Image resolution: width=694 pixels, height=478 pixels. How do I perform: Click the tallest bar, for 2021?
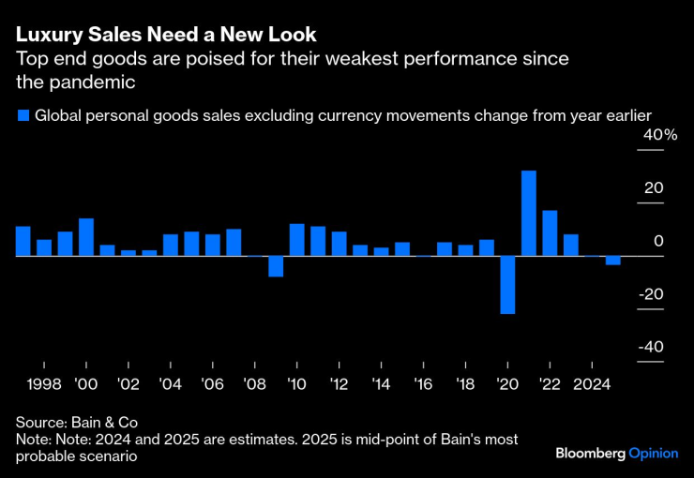pos(529,213)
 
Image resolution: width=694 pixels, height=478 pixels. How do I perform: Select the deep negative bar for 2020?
pos(507,284)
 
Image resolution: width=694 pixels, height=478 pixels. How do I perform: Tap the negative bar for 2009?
pos(276,265)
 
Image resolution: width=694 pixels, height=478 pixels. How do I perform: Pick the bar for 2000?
pos(86,236)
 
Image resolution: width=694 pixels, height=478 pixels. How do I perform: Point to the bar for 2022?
pos(550,232)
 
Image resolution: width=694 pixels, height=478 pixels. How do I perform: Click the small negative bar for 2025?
pos(612,260)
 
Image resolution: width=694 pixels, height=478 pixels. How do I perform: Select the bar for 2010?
pos(296,239)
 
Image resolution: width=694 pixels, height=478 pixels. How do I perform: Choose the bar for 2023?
pos(570,245)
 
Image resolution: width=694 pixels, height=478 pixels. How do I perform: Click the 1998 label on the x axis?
pos(44,384)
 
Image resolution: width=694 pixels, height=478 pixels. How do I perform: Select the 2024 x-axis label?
pos(591,384)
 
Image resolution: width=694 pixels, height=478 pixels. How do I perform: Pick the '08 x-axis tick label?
pos(254,384)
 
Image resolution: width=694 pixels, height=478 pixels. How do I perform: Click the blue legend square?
pos(23,115)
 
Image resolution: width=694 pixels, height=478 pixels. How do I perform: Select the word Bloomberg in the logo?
pos(590,453)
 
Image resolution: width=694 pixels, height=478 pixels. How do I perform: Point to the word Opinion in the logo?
pos(653,453)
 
